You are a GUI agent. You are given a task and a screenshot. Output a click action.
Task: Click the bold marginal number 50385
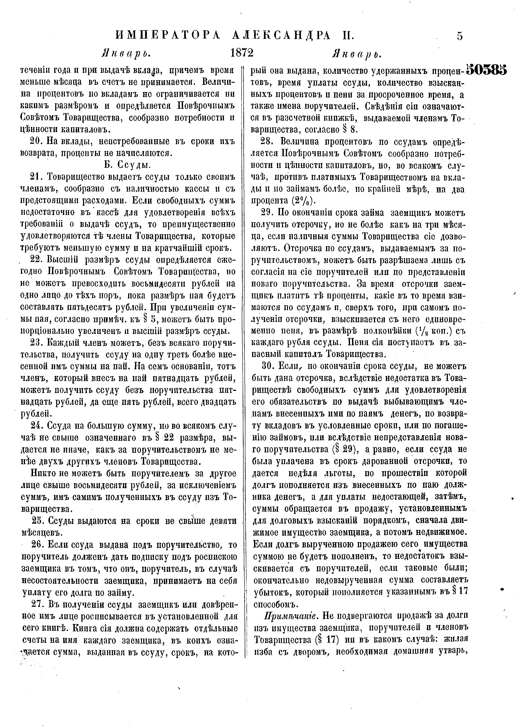click(486, 69)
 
